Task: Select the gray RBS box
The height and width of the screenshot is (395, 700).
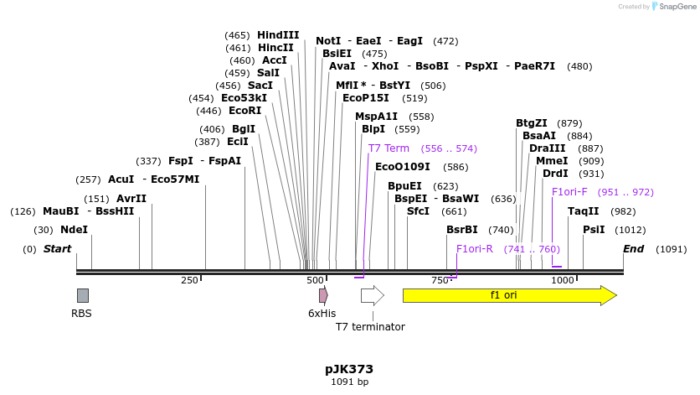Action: (x=82, y=295)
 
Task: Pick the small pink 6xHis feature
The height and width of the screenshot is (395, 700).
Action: (x=323, y=295)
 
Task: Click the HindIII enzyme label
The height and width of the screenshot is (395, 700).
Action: (x=278, y=35)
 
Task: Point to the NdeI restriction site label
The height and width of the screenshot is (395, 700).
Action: (x=74, y=230)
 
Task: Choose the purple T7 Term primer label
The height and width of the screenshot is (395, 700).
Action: (x=389, y=148)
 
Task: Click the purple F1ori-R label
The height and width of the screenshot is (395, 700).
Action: (x=474, y=249)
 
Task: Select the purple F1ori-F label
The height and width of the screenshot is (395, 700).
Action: (x=569, y=192)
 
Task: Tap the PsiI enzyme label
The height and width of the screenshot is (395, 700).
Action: (x=594, y=230)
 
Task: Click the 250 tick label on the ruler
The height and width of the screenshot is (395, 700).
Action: (x=189, y=280)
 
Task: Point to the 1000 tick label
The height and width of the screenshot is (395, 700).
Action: (x=563, y=280)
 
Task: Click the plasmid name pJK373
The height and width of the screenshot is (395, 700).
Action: (x=349, y=369)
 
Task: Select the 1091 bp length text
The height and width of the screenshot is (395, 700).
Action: (x=349, y=382)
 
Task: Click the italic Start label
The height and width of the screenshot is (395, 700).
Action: (x=57, y=249)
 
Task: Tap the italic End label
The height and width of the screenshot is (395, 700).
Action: (x=634, y=249)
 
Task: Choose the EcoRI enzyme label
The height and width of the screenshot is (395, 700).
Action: (x=244, y=111)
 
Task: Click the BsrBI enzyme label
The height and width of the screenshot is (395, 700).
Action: (x=462, y=230)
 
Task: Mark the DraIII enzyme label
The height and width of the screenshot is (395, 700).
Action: (x=548, y=148)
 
